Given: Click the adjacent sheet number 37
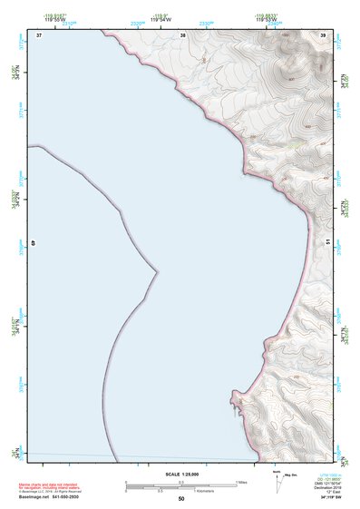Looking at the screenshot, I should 39,34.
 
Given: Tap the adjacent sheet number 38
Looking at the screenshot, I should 182,34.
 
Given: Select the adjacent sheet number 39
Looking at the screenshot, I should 324,34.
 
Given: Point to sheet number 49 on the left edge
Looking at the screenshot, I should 34,243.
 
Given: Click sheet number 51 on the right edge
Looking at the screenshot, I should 327,240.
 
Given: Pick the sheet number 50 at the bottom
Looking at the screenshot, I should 181,499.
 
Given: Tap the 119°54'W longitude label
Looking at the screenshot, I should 160,20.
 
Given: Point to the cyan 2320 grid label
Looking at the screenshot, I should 137,24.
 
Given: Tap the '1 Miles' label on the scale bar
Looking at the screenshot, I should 242,482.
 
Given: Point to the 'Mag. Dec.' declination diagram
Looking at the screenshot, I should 290,475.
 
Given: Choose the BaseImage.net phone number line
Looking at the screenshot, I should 51,497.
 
